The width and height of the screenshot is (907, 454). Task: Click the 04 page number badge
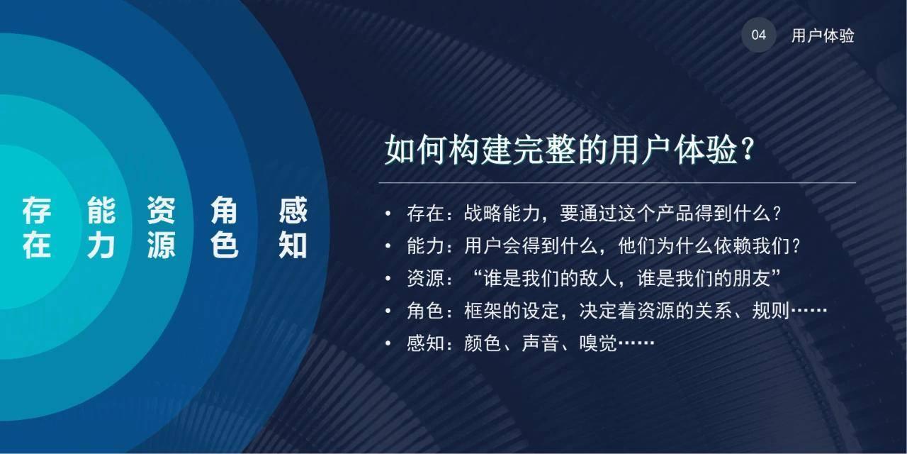click(x=759, y=35)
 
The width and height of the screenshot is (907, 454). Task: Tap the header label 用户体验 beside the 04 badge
click(x=823, y=36)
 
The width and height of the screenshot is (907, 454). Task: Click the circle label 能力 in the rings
click(x=101, y=228)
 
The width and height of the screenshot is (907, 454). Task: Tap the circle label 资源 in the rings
click(x=162, y=228)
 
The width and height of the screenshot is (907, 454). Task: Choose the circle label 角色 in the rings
click(x=225, y=228)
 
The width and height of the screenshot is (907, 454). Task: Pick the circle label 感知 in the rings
click(x=293, y=228)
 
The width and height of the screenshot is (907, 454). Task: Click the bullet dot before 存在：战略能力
click(x=388, y=214)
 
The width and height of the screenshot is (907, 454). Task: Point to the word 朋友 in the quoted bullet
click(x=752, y=279)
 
